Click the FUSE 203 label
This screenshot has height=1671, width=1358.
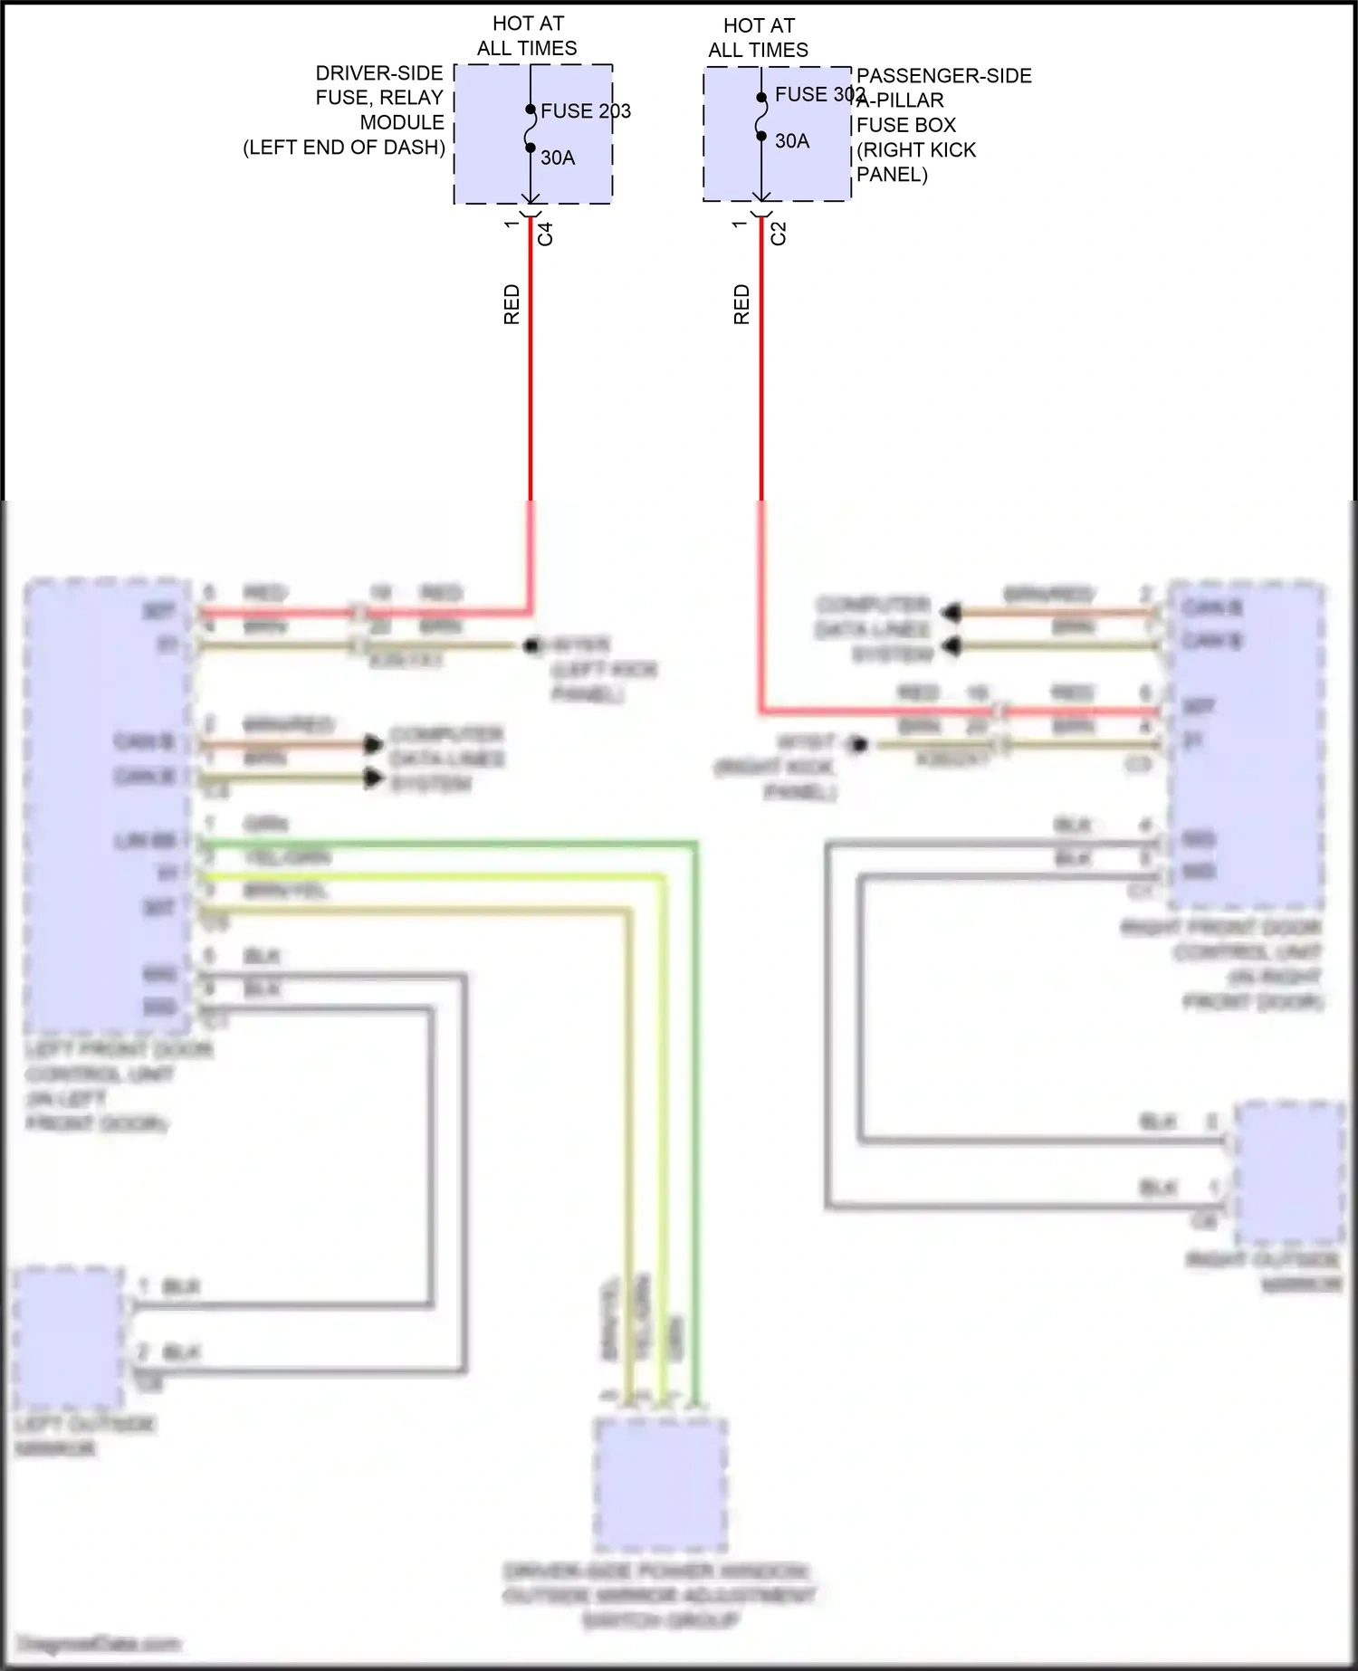[x=585, y=111]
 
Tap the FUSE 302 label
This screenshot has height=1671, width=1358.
[x=819, y=95]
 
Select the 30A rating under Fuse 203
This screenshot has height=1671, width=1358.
[x=558, y=158]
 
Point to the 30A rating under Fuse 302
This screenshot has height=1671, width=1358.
[x=792, y=141]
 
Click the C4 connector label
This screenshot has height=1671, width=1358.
[x=545, y=234]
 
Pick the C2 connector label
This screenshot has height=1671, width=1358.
[x=779, y=234]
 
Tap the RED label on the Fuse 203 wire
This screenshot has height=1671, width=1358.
[x=512, y=304]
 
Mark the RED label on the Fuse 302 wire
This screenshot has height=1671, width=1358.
[x=741, y=304]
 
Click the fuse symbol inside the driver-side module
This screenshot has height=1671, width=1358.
[x=531, y=129]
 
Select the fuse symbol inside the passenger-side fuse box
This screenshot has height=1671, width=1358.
[x=761, y=117]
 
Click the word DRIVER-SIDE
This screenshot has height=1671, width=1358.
[x=379, y=73]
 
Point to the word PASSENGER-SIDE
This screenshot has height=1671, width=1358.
[x=944, y=76]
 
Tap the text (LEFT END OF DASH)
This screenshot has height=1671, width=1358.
[x=344, y=148]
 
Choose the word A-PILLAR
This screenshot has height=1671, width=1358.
[x=902, y=100]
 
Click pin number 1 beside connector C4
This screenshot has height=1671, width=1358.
[x=512, y=223]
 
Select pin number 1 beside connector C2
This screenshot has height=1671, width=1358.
[x=741, y=223]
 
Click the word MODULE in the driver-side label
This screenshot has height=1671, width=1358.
[x=402, y=123]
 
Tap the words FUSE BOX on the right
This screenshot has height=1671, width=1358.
[x=906, y=126]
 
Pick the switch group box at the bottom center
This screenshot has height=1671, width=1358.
[x=661, y=1484]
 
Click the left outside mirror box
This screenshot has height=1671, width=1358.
[x=70, y=1337]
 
